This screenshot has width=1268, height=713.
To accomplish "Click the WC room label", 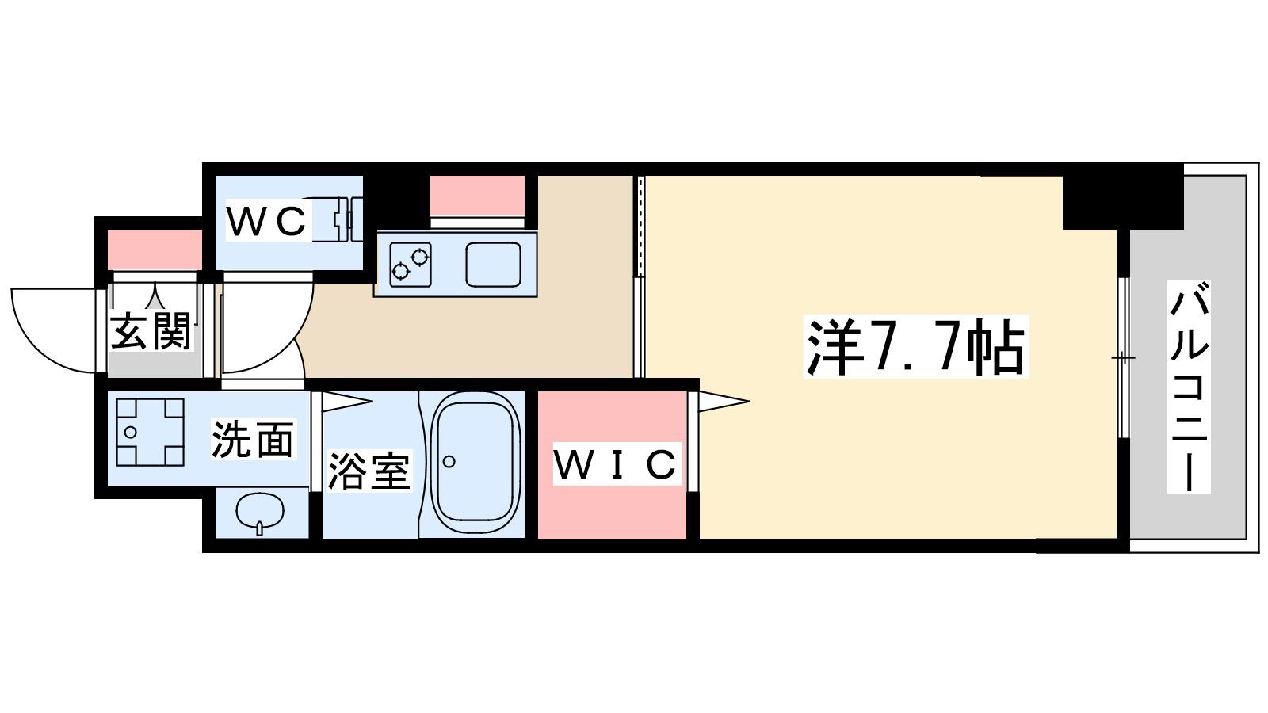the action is pos(266,221).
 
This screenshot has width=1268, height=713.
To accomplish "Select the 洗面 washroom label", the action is pos(253,439).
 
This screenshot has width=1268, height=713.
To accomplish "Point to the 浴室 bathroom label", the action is pos(369,470).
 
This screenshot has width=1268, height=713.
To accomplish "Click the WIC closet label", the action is pos(616,464).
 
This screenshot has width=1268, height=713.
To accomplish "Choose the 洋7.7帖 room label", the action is pos(916,346).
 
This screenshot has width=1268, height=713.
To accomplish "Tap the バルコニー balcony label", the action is pos(1189,387).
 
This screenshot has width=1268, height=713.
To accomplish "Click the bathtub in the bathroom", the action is pos(475,463).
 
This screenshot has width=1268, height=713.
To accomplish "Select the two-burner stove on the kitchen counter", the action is pos(411,265).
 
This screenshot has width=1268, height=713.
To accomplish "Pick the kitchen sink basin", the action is pos(493,265).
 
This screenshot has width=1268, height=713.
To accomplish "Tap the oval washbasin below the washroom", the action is pos(260,512).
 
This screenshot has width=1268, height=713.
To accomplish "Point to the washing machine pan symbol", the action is pos(150,433).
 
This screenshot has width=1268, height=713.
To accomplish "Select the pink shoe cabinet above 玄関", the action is pos(155,250).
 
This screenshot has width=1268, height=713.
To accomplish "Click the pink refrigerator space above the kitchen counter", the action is pos(477,196).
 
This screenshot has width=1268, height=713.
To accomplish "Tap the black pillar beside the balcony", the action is pos(1123,196).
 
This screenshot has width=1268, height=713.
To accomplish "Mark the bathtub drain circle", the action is pos(449,462).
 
